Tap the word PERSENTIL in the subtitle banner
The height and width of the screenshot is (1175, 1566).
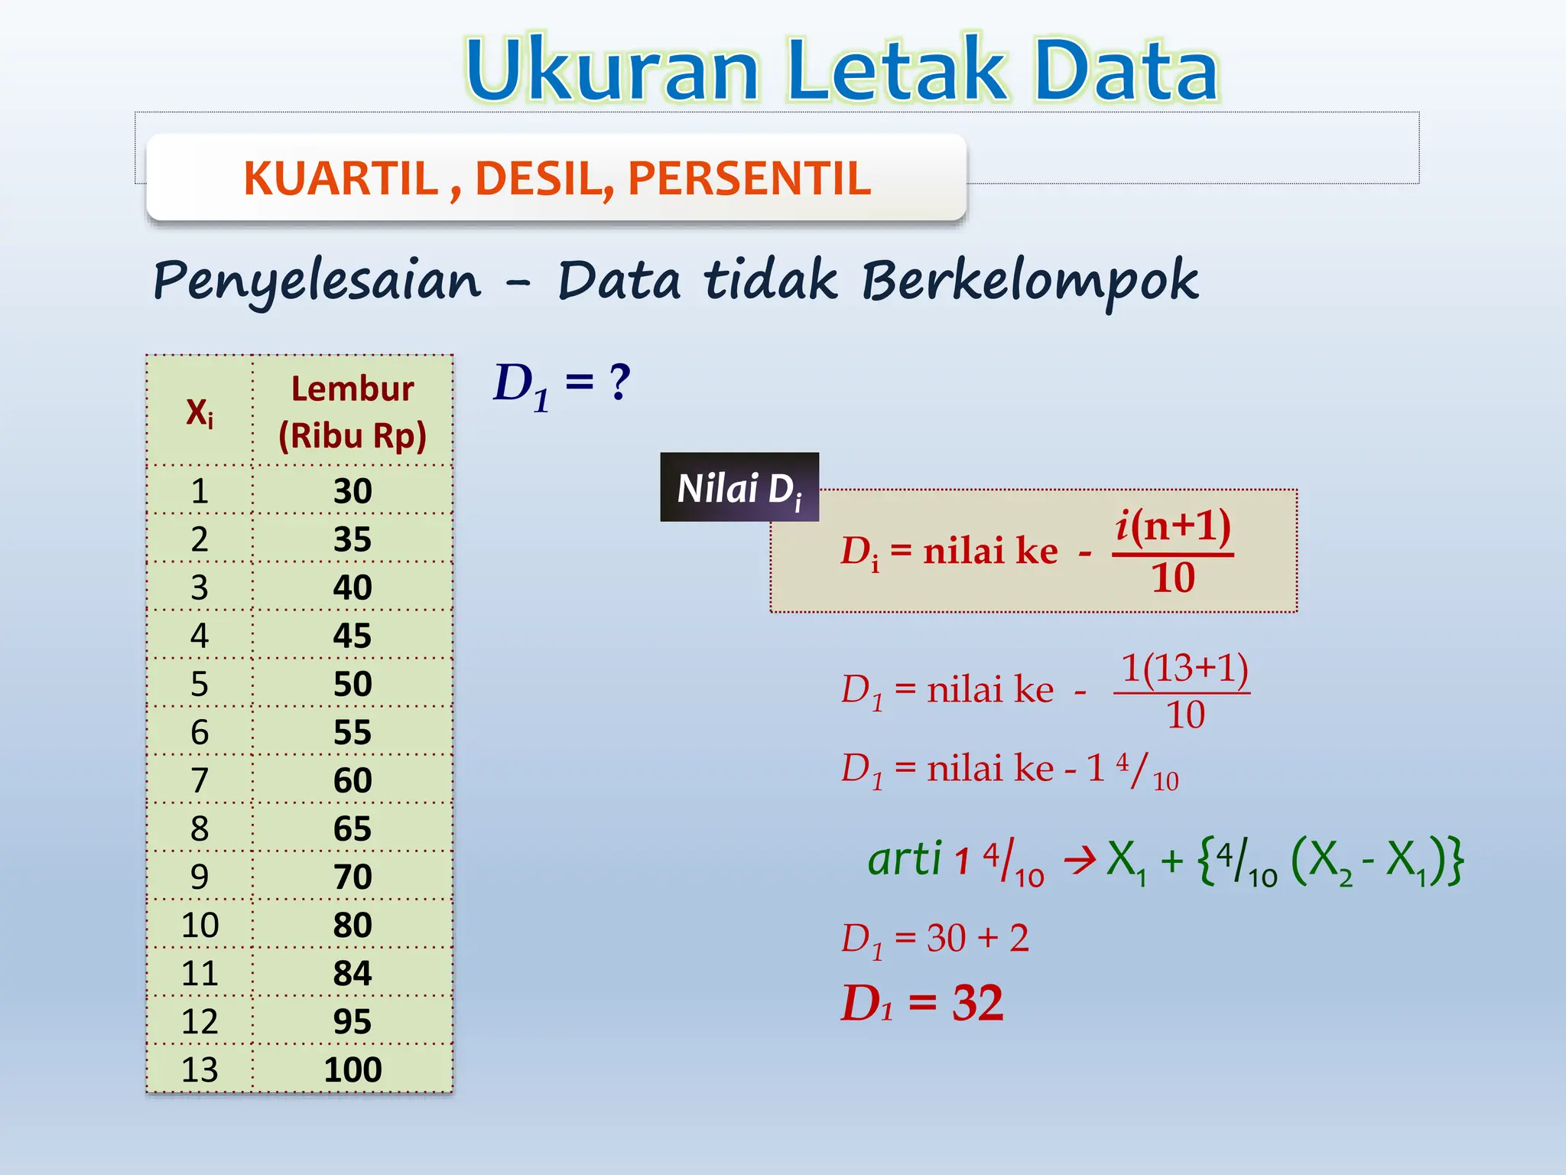749,178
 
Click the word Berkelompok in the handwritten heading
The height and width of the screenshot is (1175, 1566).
1029,281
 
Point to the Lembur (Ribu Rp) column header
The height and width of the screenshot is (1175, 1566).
353,412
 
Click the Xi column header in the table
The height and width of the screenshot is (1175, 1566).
200,413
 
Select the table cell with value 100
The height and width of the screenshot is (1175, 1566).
353,1069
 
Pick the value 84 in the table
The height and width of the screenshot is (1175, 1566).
353,973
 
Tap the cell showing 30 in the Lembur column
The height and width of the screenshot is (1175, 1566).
353,490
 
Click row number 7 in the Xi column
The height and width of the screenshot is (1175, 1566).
200,780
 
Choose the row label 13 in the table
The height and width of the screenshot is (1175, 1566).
200,1069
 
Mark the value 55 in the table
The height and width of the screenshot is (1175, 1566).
353,732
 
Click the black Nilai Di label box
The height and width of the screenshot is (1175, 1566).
739,487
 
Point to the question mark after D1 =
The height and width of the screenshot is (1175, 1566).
619,382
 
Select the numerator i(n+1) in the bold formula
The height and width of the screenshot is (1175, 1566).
1173,527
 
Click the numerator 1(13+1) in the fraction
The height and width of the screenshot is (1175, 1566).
1184,668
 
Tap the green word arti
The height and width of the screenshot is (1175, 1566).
904,858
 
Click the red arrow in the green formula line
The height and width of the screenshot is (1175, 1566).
1080,861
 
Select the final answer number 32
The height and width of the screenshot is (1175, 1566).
977,1003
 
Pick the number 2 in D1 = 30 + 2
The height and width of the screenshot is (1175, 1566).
1019,938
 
